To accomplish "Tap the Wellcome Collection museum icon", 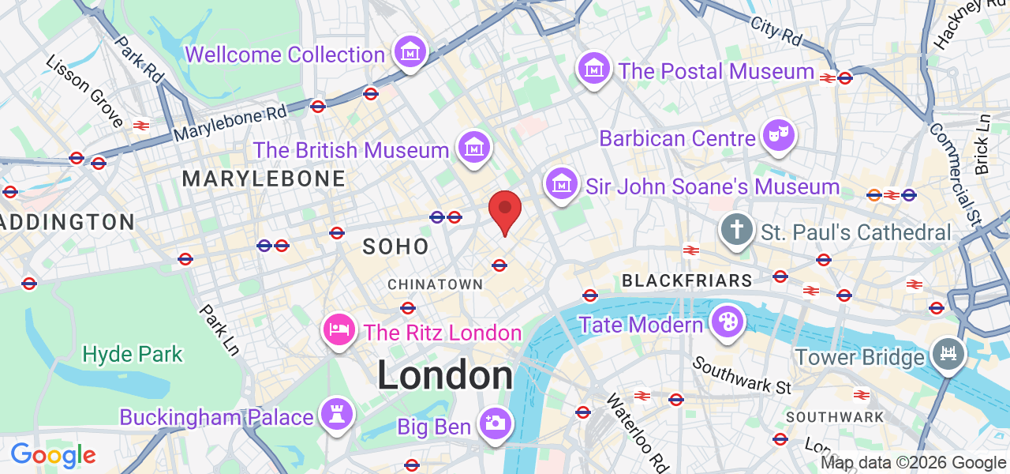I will point(410,52).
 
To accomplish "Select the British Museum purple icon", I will point(473,148).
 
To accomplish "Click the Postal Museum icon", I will point(593,69).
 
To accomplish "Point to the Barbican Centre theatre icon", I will point(779,136).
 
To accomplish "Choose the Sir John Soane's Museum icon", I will point(561,184).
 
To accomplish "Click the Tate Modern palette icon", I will point(726,322).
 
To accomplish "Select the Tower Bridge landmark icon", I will point(948,354).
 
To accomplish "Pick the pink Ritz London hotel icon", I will point(339,329).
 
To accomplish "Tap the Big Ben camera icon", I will point(495,423).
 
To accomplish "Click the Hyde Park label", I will point(133,354).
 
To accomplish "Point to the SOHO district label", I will point(395,246).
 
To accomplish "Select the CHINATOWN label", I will point(435,284).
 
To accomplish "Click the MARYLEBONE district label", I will point(264,179).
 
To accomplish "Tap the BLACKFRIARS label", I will point(686,280).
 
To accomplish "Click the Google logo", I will point(53,455).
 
